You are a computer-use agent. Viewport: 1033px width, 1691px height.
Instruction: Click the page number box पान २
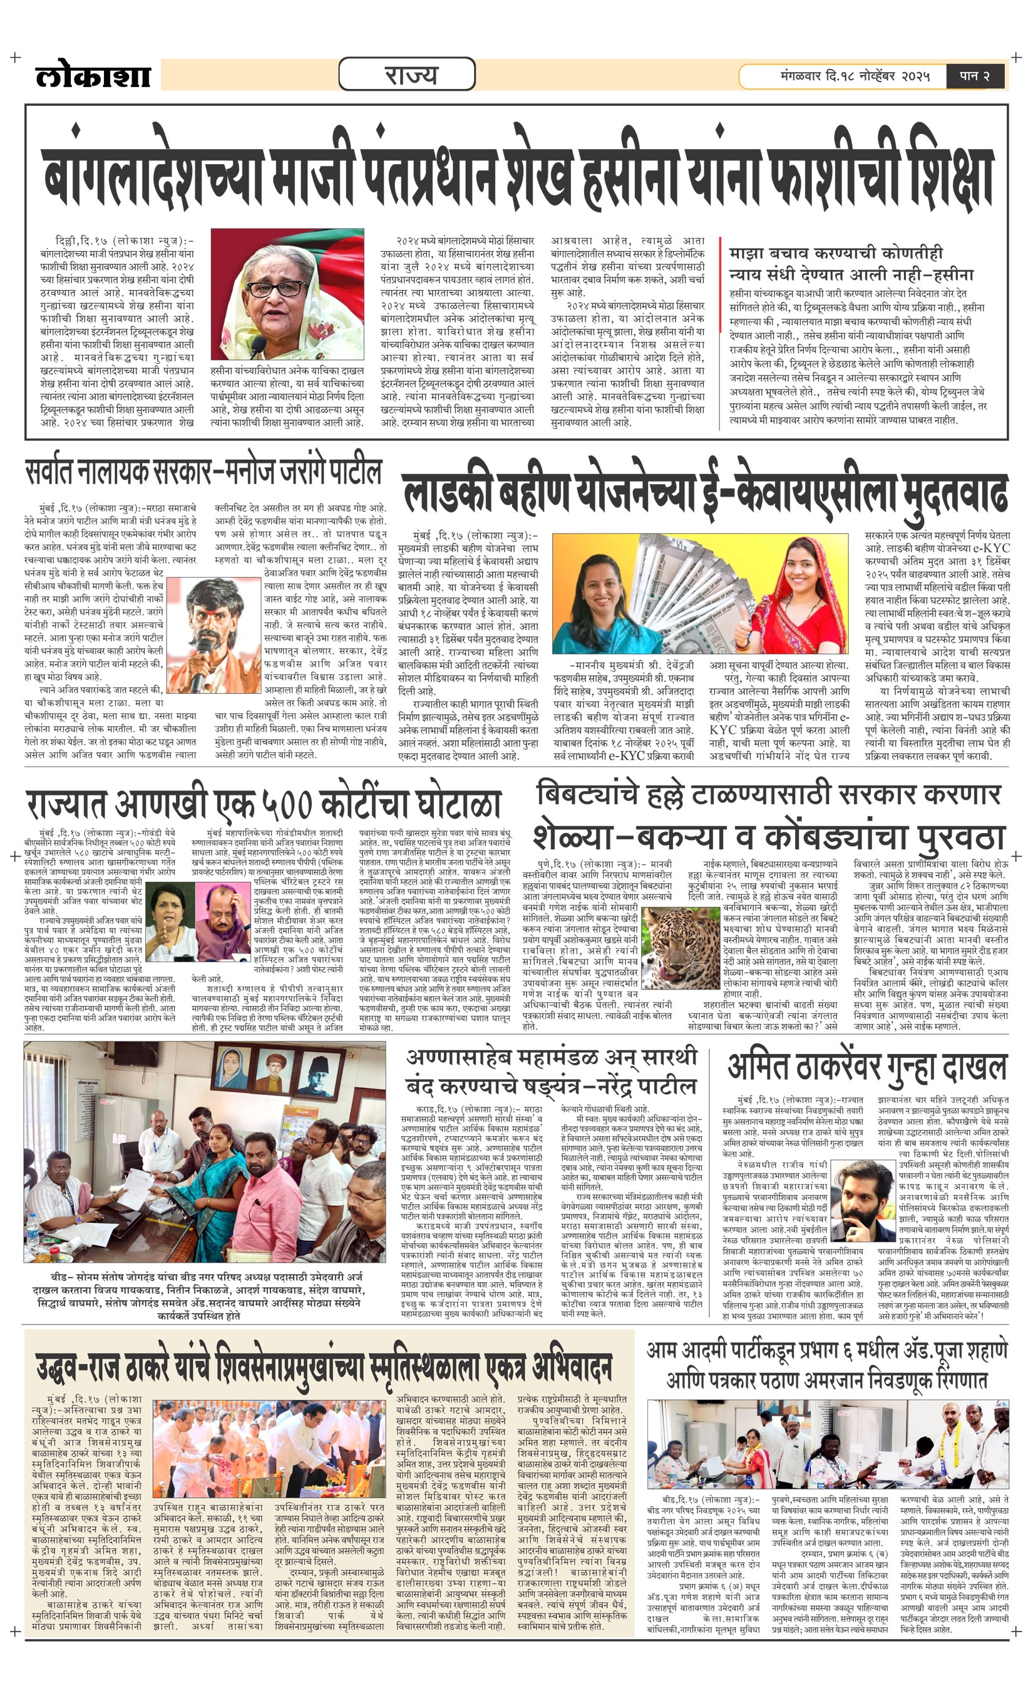(x=974, y=76)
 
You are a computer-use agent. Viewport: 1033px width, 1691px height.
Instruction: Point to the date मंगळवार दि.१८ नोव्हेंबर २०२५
(x=854, y=76)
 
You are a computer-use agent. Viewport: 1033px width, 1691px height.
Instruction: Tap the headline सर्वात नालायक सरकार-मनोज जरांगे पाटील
(x=203, y=473)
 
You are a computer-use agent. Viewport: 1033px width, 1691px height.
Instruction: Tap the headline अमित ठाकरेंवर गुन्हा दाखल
(x=866, y=1067)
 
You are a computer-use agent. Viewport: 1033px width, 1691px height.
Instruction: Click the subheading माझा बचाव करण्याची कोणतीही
(x=835, y=253)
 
